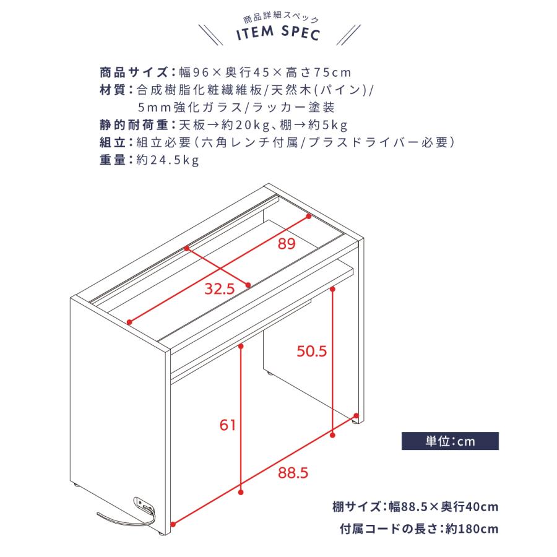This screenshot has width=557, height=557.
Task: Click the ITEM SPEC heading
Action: click(x=278, y=33)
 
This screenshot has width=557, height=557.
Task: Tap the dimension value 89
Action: click(x=287, y=244)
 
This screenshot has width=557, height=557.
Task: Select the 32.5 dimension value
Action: click(x=220, y=289)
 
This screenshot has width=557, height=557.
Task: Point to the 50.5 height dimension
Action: click(x=311, y=351)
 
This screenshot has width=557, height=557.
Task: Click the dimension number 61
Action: click(x=227, y=425)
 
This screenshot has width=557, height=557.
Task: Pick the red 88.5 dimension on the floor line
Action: click(x=293, y=473)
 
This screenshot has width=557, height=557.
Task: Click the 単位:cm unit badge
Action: click(x=450, y=441)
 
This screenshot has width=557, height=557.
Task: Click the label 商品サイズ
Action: click(x=134, y=72)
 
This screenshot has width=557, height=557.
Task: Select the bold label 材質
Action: click(x=112, y=90)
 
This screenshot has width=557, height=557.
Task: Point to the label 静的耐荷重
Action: click(x=134, y=124)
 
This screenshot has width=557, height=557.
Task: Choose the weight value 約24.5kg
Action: click(x=168, y=160)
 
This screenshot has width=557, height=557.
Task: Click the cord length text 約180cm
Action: click(x=472, y=529)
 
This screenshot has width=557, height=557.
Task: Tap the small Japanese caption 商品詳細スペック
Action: click(x=280, y=19)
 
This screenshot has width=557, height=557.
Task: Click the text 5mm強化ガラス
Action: click(x=190, y=107)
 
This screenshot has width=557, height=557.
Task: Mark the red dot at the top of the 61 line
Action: click(x=241, y=345)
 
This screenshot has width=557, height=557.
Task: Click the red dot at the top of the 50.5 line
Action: click(x=332, y=289)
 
